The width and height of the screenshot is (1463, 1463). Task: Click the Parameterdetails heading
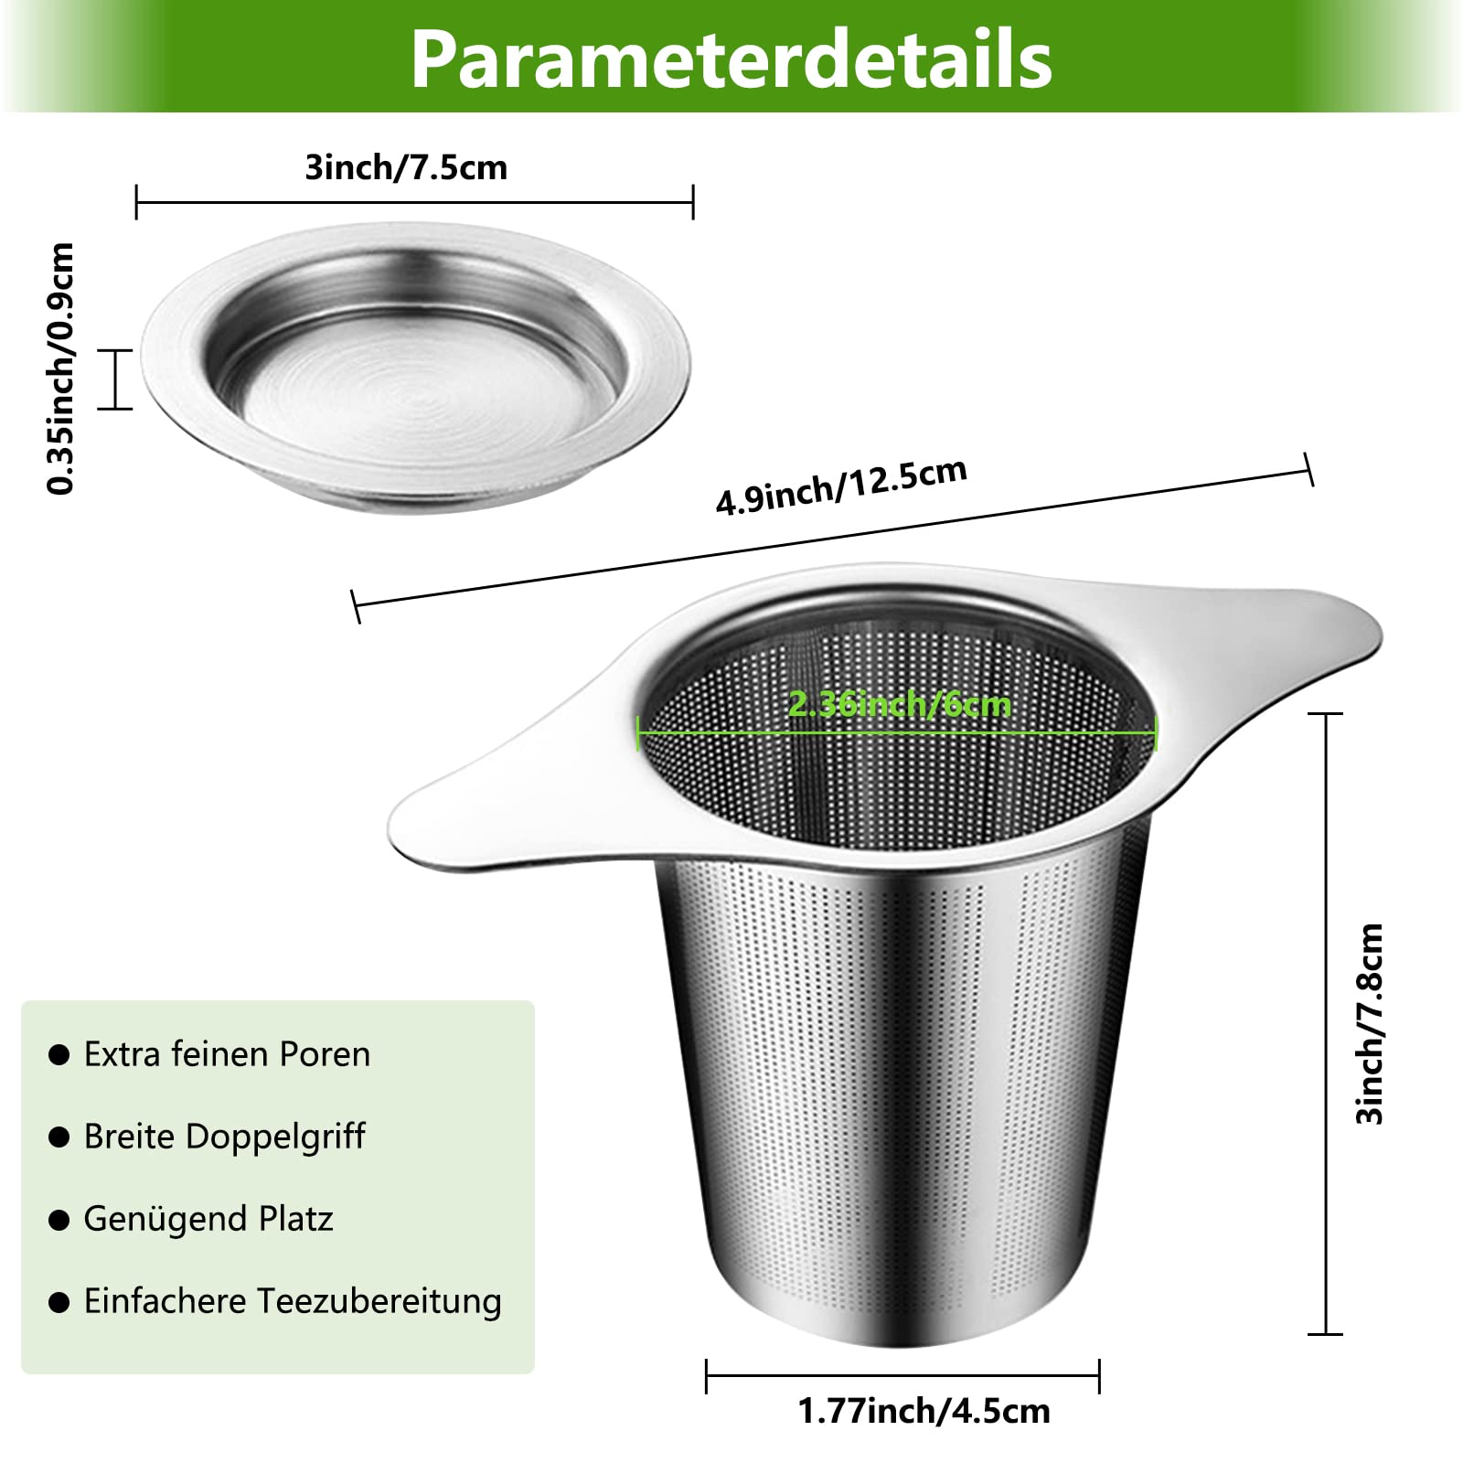(x=731, y=59)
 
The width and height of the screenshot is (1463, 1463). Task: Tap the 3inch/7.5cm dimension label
(x=406, y=167)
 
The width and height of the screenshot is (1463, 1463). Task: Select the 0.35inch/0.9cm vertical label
(x=60, y=368)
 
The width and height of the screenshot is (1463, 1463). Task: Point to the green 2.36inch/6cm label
(x=900, y=703)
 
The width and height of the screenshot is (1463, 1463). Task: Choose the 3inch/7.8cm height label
(x=1370, y=1024)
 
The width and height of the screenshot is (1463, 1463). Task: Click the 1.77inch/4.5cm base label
(x=924, y=1411)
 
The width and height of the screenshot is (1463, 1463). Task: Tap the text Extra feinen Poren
(x=227, y=1054)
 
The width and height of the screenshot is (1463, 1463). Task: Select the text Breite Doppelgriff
(x=224, y=1137)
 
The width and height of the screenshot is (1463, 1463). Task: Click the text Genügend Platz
(x=208, y=1219)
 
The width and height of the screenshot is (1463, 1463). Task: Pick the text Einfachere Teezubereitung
(x=293, y=1301)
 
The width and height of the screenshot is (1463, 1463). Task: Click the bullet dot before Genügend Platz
(x=59, y=1220)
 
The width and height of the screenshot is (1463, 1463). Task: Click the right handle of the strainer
(x=1280, y=640)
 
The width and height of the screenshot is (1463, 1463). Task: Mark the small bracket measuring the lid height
(x=115, y=379)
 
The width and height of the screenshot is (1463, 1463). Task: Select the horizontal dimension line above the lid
(x=415, y=202)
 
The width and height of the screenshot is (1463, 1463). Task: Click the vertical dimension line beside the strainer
(x=1326, y=1024)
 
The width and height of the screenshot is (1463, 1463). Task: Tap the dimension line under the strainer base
(x=902, y=1374)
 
